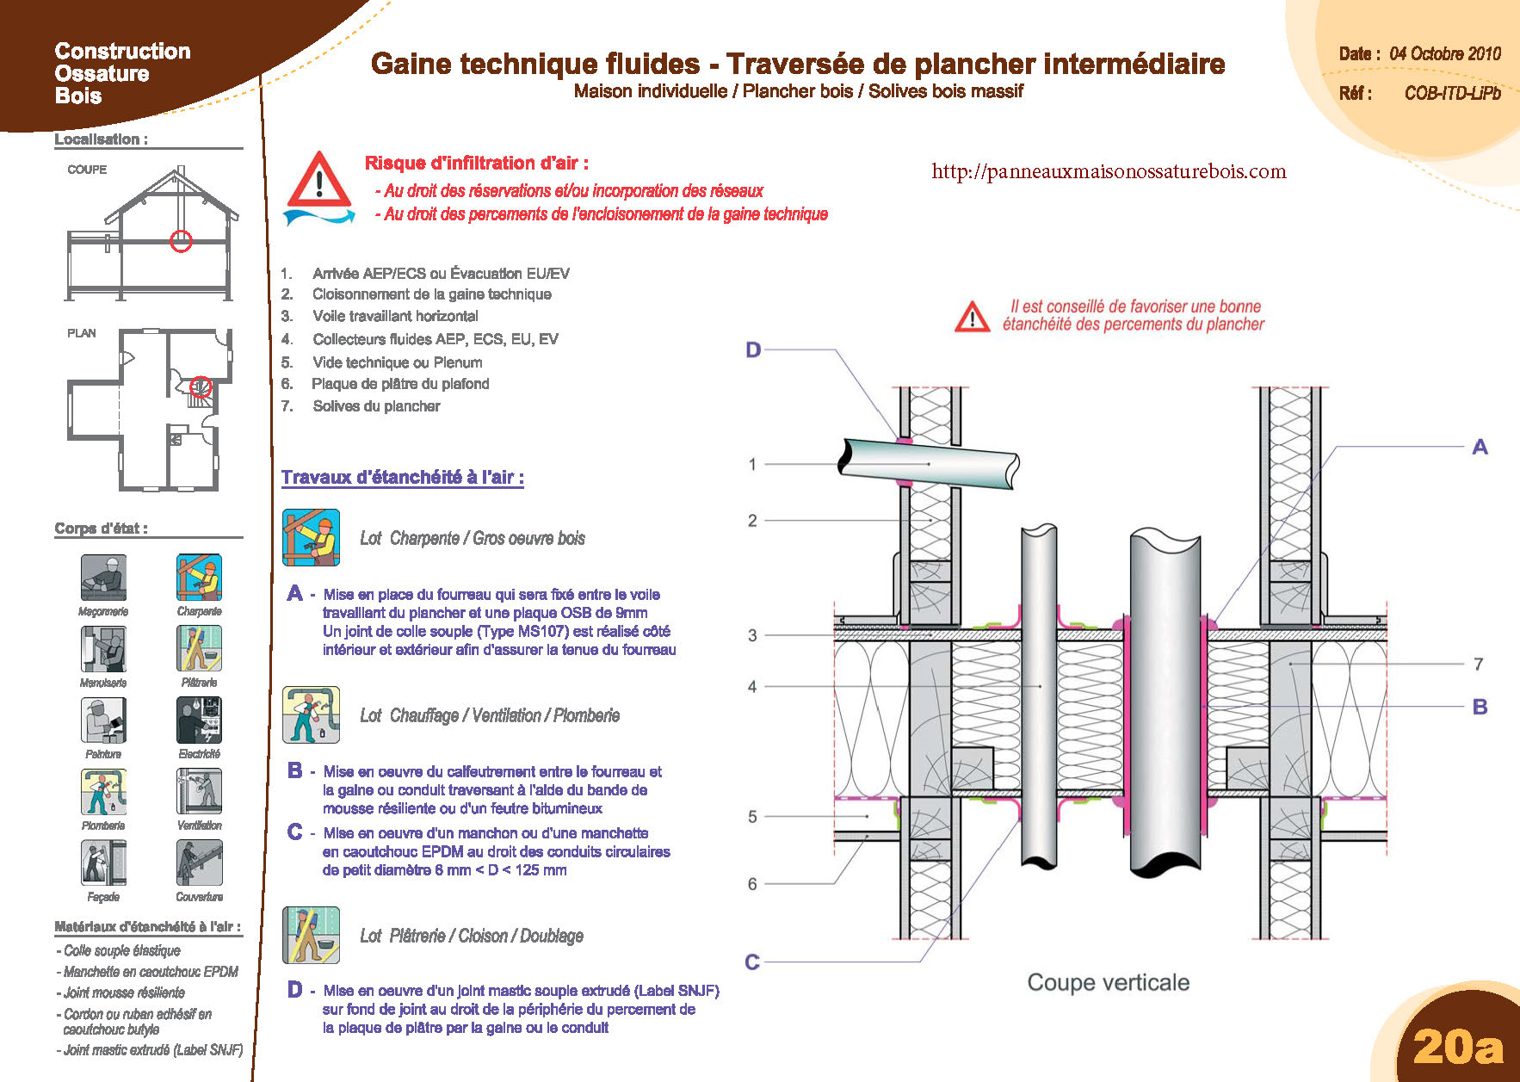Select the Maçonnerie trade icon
coord(103,577)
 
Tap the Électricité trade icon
coord(199,720)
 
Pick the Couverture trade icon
coord(199,863)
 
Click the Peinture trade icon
coord(103,720)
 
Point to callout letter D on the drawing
coord(753,350)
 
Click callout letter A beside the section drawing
coord(1480,447)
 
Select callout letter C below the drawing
coord(752,961)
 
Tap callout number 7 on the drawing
coord(1478,664)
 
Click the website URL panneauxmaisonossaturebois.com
coord(1109,171)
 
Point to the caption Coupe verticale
coord(1108,982)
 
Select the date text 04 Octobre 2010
coord(1444,53)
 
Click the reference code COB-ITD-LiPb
coord(1452,93)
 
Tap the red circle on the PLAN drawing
coord(201,386)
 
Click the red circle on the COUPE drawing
coord(181,241)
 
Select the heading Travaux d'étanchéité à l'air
coord(402,477)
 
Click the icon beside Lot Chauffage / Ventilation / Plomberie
coord(311,714)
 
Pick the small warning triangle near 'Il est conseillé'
coord(972,317)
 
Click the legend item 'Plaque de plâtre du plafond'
coord(400,384)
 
